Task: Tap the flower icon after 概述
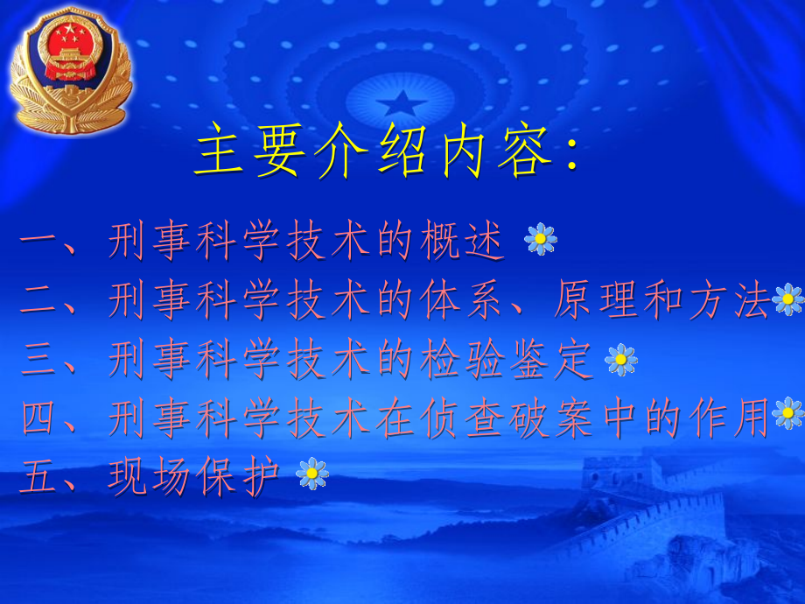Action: click(541, 238)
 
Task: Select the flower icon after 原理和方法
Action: click(788, 299)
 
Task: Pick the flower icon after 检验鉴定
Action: click(621, 359)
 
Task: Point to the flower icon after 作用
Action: click(788, 413)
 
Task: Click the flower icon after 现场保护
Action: click(312, 474)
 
